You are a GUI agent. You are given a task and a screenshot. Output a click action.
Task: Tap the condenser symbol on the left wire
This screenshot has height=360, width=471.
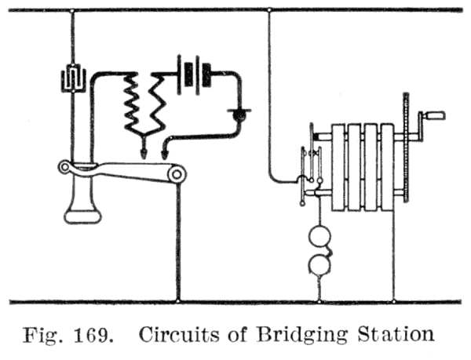point(71,78)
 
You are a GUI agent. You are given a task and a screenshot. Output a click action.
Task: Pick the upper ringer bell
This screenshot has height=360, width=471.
point(321,238)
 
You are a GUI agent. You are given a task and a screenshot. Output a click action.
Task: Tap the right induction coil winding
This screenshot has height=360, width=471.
point(164,102)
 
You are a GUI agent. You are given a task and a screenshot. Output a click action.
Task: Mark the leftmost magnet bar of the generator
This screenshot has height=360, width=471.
point(338,167)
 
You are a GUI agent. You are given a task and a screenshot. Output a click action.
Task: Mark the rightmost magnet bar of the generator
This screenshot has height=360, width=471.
point(387,167)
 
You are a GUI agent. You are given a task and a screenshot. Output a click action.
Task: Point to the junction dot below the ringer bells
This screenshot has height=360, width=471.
point(320,300)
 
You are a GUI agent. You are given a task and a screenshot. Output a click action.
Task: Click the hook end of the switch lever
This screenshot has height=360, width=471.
point(66,166)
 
